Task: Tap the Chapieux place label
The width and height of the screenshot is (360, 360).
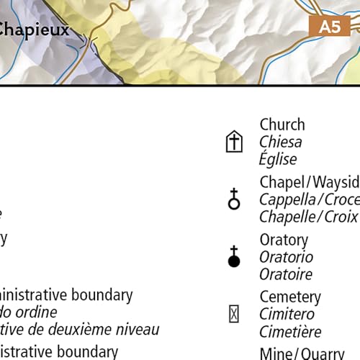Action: (34, 30)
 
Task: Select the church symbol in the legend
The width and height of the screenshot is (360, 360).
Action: (234, 142)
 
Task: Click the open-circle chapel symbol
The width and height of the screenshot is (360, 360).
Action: (234, 199)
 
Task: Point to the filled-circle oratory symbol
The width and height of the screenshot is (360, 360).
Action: (234, 256)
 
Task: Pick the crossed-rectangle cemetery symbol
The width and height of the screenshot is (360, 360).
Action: (234, 314)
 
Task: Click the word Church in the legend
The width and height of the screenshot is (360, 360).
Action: (282, 125)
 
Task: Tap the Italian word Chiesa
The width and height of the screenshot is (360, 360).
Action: (281, 142)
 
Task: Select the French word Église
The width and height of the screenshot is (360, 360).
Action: (278, 159)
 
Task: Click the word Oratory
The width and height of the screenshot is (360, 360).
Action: (284, 240)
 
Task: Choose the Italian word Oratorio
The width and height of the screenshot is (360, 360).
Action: (286, 257)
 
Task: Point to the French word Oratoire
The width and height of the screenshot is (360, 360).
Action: (286, 274)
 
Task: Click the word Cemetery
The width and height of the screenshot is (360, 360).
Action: (290, 297)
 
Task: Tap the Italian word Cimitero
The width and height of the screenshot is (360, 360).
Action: (287, 314)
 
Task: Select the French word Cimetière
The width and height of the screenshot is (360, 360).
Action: (290, 331)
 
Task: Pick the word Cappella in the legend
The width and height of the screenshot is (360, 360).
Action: (289, 199)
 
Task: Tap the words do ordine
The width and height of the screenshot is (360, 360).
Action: (29, 312)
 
